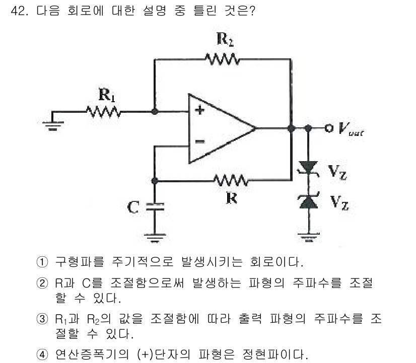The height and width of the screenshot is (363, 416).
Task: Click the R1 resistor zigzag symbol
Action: tap(103, 111)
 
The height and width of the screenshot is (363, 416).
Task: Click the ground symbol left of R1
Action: tap(52, 124)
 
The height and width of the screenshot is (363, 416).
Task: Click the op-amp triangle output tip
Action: tap(255, 128)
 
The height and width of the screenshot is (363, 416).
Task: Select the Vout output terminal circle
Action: tap(329, 128)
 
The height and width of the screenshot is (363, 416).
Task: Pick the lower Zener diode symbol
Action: tap(307, 201)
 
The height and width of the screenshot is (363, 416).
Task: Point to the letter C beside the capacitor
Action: tap(133, 207)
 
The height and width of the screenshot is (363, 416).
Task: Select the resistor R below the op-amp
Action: tap(230, 180)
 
